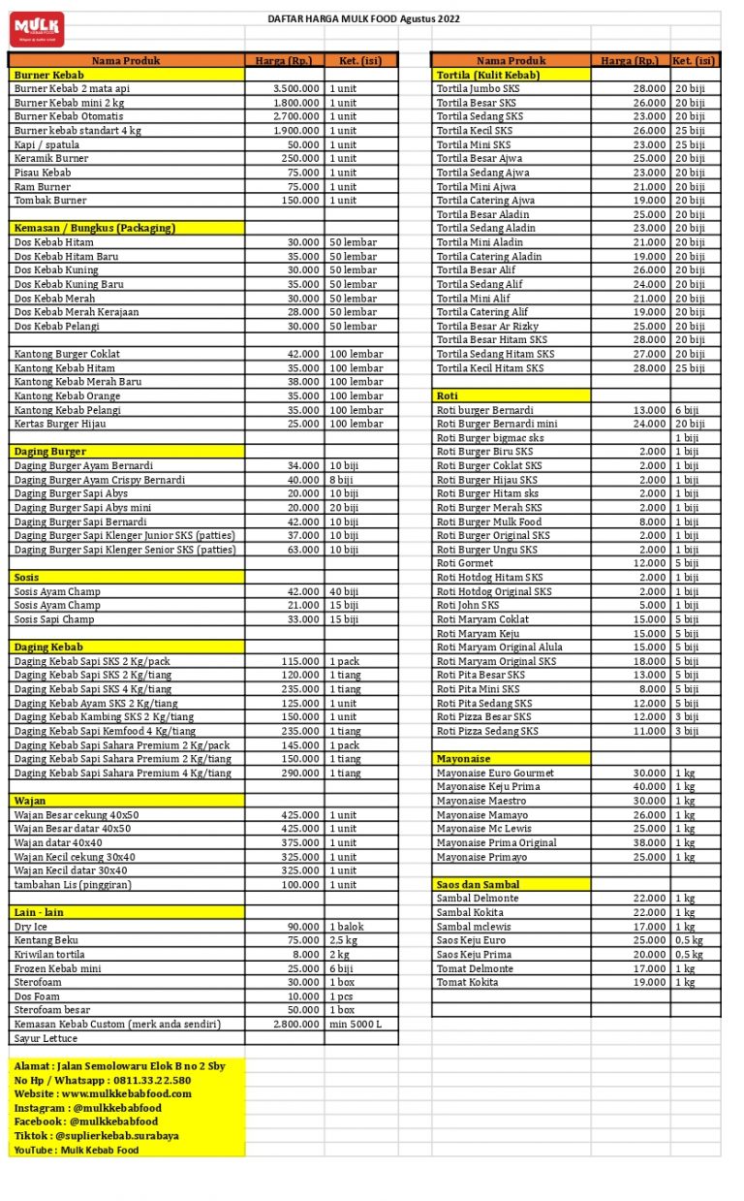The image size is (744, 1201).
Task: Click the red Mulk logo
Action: pyautogui.click(x=37, y=29)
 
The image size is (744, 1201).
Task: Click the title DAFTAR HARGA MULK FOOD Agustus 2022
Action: pyautogui.click(x=363, y=18)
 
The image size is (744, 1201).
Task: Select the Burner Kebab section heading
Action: pyautogui.click(x=49, y=75)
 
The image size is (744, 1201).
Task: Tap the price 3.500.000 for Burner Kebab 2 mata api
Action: pyautogui.click(x=295, y=88)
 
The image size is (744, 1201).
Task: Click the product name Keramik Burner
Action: pyautogui.click(x=51, y=158)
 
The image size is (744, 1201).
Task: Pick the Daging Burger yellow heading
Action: pyautogui.click(x=50, y=451)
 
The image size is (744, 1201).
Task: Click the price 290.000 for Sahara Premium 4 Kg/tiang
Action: pyautogui.click(x=300, y=773)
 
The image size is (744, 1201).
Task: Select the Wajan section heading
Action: pyautogui.click(x=30, y=801)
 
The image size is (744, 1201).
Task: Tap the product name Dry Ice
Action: pyautogui.click(x=31, y=927)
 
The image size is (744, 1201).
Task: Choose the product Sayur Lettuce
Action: pyautogui.click(x=47, y=1038)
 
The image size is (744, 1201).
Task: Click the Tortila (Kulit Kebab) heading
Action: pyautogui.click(x=488, y=75)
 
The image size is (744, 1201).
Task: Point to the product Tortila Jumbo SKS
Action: pyautogui.click(x=478, y=88)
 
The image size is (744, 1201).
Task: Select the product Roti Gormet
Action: pyautogui.click(x=465, y=563)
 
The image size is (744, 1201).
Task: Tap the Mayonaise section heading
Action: pyautogui.click(x=463, y=758)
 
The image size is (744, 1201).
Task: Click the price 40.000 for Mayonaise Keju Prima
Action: pyautogui.click(x=649, y=787)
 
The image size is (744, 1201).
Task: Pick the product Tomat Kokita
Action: pyautogui.click(x=468, y=982)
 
